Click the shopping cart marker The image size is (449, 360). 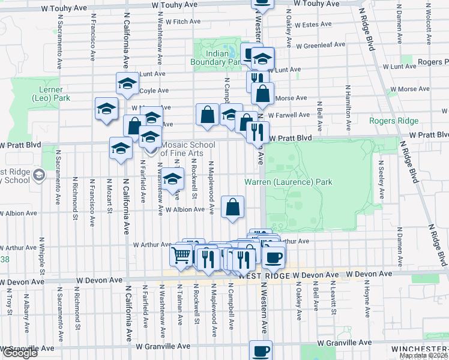181,256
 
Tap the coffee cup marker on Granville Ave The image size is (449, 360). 261,351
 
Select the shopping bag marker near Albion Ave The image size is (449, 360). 233,207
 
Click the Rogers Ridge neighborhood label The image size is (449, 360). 394,121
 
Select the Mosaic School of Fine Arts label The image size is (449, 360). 181,149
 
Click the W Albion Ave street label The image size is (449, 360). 185,209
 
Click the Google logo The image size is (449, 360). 20,353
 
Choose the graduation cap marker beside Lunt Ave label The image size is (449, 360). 127,84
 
